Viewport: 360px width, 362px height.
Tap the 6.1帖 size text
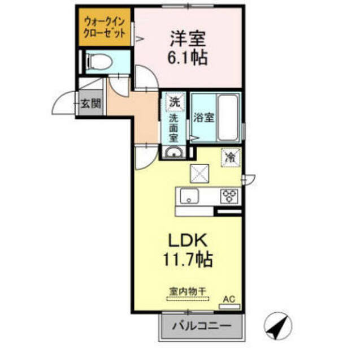[x=188, y=57]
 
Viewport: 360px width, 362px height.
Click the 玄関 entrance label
[x=90, y=104]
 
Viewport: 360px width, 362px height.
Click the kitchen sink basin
[x=188, y=197]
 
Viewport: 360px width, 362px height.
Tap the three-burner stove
[x=230, y=196]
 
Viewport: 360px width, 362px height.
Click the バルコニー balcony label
[x=201, y=326]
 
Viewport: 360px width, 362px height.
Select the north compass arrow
[x=278, y=326]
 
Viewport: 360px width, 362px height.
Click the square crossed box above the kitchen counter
[x=199, y=173]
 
